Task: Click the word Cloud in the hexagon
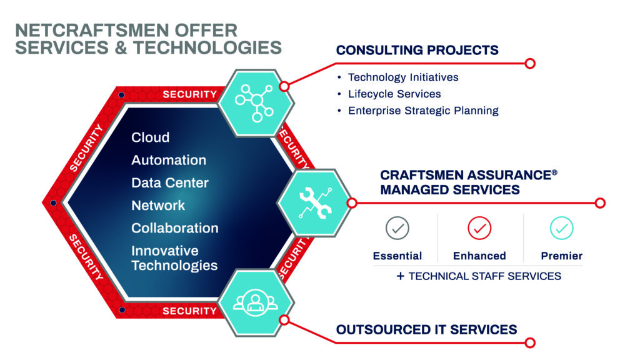[150, 137]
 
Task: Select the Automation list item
[168, 160]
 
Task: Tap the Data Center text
[169, 183]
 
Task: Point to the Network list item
[158, 206]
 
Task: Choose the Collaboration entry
[174, 228]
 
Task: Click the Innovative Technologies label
[174, 258]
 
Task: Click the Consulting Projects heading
[417, 50]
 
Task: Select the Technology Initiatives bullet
[402, 77]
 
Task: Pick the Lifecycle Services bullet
[394, 94]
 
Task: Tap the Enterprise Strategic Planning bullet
[422, 111]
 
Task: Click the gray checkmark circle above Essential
[397, 229]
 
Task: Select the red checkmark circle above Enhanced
[479, 229]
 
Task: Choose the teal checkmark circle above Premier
[561, 229]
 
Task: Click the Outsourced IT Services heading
[426, 329]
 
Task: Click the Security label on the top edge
[189, 94]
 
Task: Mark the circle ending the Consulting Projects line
[530, 63]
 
